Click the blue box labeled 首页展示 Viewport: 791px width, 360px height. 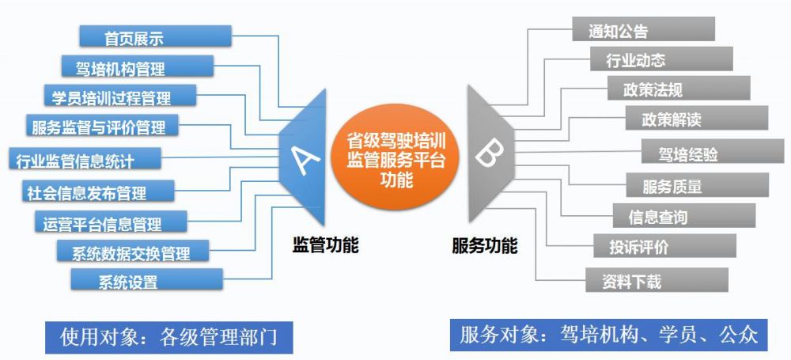(x=155, y=36)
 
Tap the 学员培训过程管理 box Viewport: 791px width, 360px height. (x=118, y=97)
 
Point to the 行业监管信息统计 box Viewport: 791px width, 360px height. (x=84, y=159)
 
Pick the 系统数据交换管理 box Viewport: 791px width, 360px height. (x=134, y=252)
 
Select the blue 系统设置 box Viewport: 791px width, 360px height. (x=146, y=281)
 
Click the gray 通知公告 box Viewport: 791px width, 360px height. (x=643, y=30)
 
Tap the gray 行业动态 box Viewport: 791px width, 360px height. (x=660, y=59)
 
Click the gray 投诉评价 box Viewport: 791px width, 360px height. (x=664, y=246)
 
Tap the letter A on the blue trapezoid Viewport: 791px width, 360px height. (x=307, y=158)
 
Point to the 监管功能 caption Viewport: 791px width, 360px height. (x=325, y=245)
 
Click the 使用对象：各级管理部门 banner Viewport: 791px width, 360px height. (x=168, y=335)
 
